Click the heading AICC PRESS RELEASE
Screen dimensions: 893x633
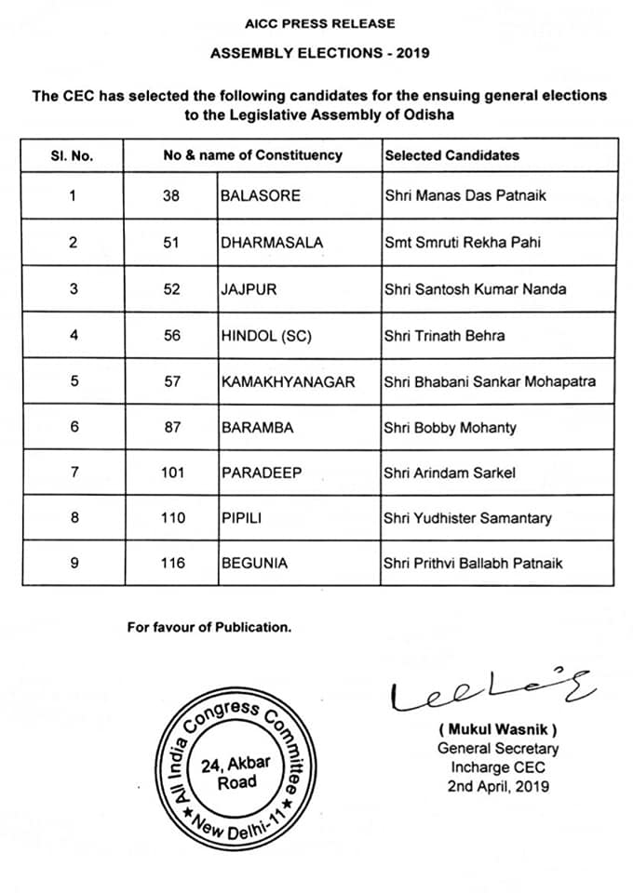coord(319,23)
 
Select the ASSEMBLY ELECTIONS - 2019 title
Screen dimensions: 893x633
coord(319,53)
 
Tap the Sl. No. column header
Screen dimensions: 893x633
coord(72,155)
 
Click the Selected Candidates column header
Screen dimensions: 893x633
coord(451,155)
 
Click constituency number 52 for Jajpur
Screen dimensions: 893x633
coord(172,289)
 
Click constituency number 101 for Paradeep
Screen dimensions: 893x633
coord(172,473)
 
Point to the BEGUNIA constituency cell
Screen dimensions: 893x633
coord(254,563)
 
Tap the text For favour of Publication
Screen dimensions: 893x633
coord(209,627)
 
